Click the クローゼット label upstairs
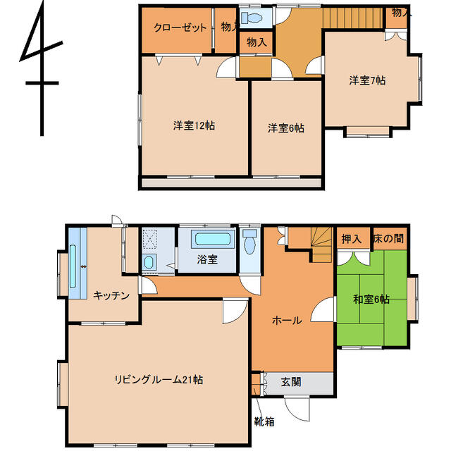180,28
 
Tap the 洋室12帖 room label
194,126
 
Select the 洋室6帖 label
285,128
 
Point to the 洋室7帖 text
367,80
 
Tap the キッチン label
111,295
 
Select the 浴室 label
206,259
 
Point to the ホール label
287,320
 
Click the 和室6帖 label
371,299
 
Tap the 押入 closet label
351,239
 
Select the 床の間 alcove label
389,239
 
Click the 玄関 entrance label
291,383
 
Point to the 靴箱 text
264,423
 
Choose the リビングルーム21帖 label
159,380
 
